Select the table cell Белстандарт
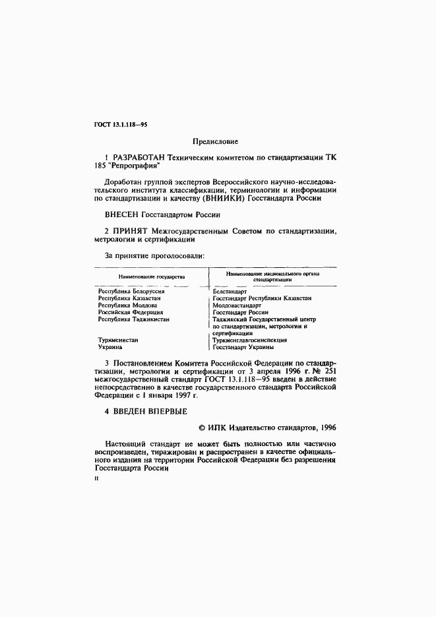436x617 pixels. click(x=230, y=291)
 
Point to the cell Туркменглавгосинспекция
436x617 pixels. click(x=249, y=341)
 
